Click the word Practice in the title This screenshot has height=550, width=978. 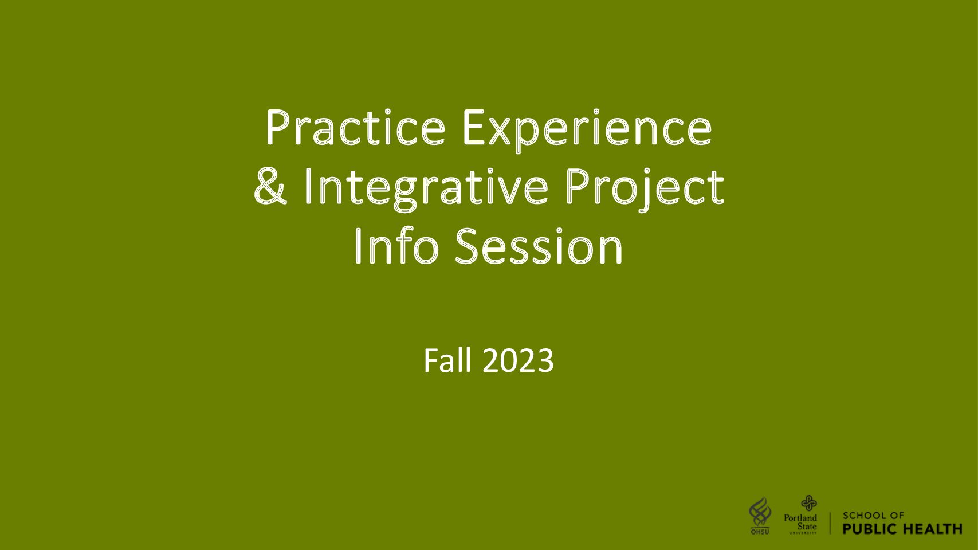pyautogui.click(x=355, y=128)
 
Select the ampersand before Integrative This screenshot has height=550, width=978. pyautogui.click(x=270, y=187)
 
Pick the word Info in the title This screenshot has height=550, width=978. pyautogui.click(x=396, y=245)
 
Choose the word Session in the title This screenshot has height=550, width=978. pyautogui.click(x=539, y=246)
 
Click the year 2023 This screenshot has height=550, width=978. pyautogui.click(x=519, y=360)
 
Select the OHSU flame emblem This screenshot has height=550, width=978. pyautogui.click(x=760, y=512)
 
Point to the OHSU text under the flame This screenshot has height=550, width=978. pyautogui.click(x=760, y=532)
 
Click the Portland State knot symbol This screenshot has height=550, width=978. pyautogui.click(x=808, y=503)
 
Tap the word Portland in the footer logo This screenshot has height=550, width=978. pyautogui.click(x=800, y=518)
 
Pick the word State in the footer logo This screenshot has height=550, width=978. pyautogui.click(x=807, y=527)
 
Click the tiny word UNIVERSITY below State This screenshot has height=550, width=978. pyautogui.click(x=803, y=533)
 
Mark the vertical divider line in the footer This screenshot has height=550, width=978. pyautogui.click(x=830, y=523)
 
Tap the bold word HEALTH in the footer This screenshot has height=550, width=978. pyautogui.click(x=932, y=529)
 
